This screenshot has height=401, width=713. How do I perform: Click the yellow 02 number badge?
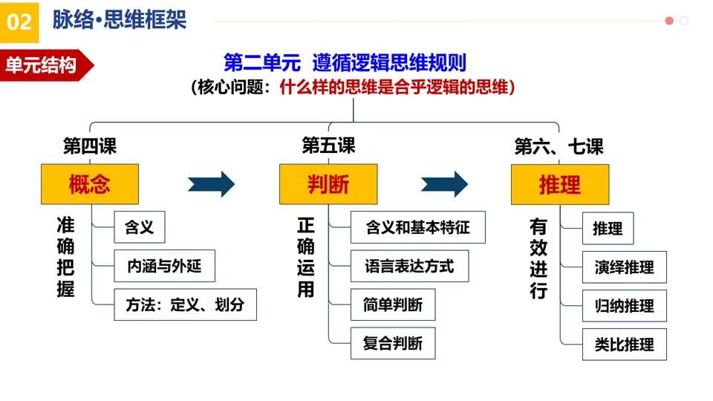pyautogui.click(x=19, y=22)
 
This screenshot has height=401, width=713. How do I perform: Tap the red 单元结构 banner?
pyautogui.click(x=45, y=65)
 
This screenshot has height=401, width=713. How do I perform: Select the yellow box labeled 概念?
pyautogui.click(x=90, y=184)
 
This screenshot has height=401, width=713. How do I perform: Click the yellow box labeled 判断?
pyautogui.click(x=328, y=184)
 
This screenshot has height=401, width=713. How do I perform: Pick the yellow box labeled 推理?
pyautogui.click(x=560, y=185)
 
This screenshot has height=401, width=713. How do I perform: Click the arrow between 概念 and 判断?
pyautogui.click(x=212, y=184)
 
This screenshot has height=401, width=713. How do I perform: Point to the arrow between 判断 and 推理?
pyautogui.click(x=444, y=184)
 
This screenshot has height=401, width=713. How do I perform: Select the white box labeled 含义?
pyautogui.click(x=140, y=227)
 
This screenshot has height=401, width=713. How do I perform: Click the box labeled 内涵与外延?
pyautogui.click(x=164, y=266)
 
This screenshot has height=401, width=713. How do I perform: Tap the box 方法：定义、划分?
pyautogui.click(x=185, y=304)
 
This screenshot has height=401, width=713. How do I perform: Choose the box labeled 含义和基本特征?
pyautogui.click(x=418, y=227)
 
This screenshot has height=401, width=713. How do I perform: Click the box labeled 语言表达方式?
pyautogui.click(x=409, y=266)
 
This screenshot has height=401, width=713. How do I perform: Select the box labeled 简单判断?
pyautogui.click(x=393, y=304)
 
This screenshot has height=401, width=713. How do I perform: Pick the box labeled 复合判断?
pyautogui.click(x=393, y=343)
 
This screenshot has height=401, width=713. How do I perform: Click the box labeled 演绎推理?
pyautogui.click(x=625, y=267)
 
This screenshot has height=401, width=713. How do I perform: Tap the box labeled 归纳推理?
pyautogui.click(x=625, y=305)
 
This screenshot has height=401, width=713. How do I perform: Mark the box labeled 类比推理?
pyautogui.click(x=625, y=344)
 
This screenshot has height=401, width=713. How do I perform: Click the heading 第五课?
pyautogui.click(x=328, y=146)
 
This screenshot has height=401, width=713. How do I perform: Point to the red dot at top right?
pyautogui.click(x=669, y=21)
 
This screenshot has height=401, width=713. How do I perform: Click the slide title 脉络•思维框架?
pyautogui.click(x=119, y=20)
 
